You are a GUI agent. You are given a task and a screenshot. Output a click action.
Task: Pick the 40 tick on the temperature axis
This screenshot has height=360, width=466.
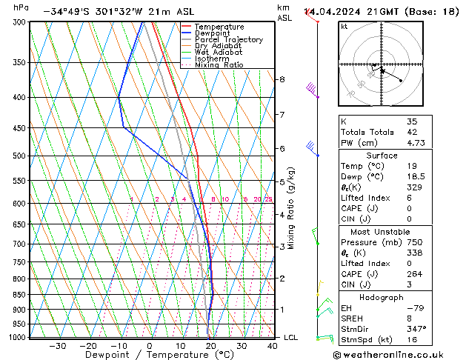tap(273, 346)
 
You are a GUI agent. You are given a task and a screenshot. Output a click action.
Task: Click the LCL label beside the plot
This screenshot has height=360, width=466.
tap(291, 338)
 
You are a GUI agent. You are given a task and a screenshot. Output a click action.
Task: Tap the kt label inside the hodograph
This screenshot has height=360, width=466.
tap(344, 27)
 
